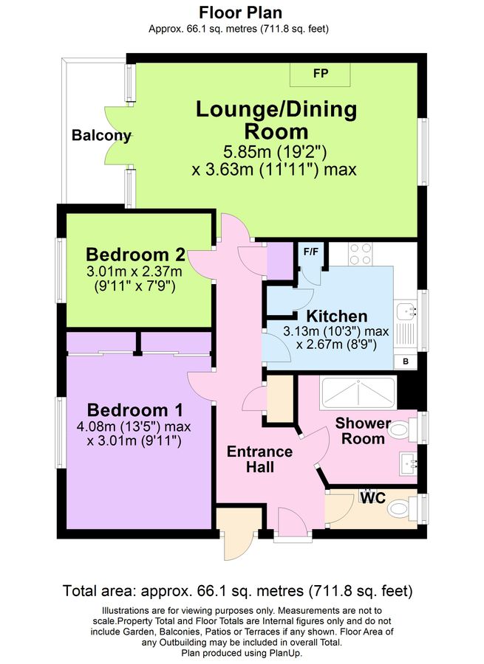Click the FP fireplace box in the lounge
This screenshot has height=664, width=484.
[320, 74]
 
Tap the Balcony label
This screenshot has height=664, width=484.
[101, 136]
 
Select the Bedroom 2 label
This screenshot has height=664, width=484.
[135, 255]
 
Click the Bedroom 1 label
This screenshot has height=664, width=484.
[135, 410]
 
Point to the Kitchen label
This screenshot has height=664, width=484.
[337, 317]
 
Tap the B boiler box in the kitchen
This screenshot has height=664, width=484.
[405, 361]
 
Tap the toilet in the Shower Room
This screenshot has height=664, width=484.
[402, 429]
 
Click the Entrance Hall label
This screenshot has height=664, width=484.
[259, 459]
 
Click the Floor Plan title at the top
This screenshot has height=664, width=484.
[241, 13]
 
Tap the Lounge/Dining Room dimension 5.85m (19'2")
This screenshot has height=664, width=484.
[275, 153]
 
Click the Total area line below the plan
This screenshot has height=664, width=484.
[238, 591]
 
